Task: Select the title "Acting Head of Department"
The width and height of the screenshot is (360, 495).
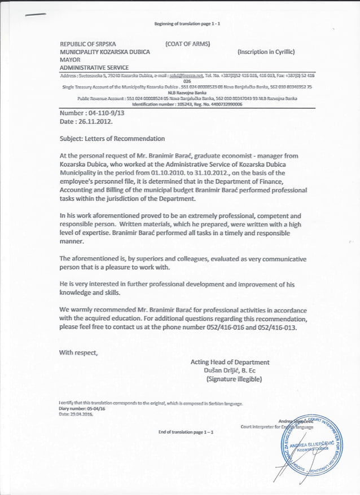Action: pos(230,362)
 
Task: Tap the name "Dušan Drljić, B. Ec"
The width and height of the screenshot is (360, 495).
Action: pos(229,370)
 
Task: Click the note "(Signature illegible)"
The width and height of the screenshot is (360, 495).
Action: pos(234,379)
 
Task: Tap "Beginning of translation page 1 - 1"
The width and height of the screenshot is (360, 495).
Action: pos(186,24)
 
